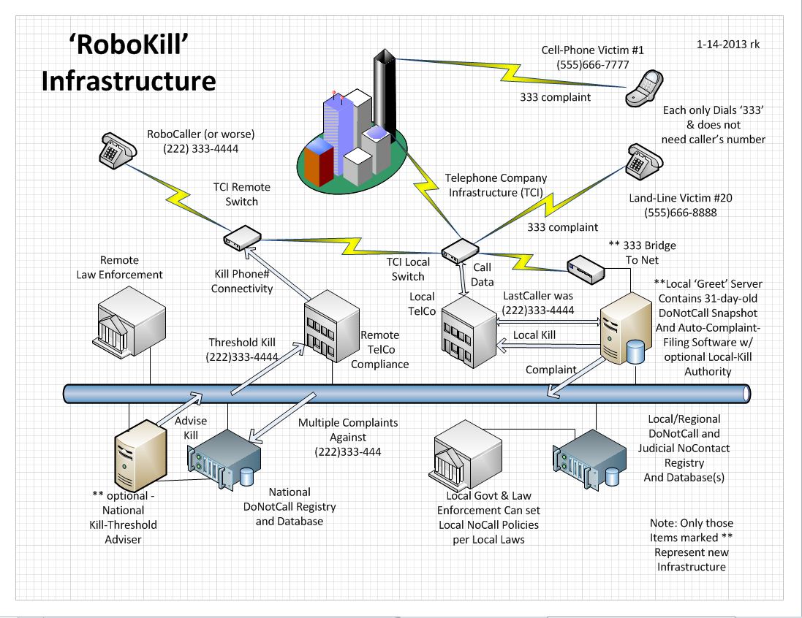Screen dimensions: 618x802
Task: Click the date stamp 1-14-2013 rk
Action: [727, 45]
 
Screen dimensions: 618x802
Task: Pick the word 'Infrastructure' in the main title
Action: [128, 80]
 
